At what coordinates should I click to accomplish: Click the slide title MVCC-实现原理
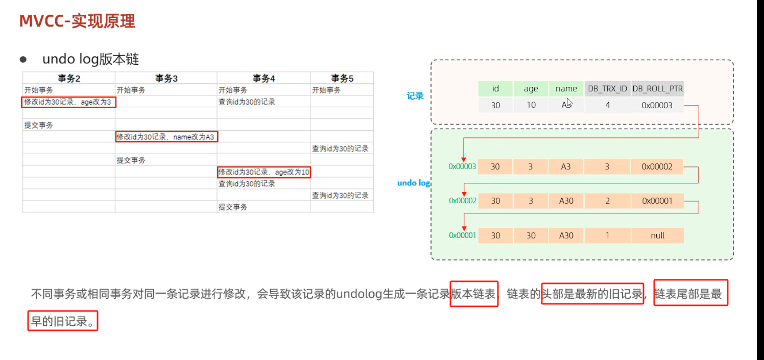point(77,21)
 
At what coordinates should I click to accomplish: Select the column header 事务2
point(68,78)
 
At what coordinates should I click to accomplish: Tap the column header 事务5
point(342,78)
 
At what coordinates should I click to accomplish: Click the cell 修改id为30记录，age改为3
point(68,102)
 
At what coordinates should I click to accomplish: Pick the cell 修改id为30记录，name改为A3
point(166,137)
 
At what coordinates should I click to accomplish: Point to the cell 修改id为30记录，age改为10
point(264,172)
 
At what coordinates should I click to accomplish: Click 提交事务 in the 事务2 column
point(38,125)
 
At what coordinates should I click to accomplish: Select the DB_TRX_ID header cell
point(607,89)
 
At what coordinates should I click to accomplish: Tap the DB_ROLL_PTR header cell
point(657,89)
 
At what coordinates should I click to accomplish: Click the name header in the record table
point(566,89)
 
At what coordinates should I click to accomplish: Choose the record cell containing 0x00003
point(657,106)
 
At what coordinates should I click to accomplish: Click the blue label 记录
point(415,96)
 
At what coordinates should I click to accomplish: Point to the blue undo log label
point(414,183)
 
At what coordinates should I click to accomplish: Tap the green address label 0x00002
point(462,201)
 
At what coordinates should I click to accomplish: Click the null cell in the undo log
point(657,235)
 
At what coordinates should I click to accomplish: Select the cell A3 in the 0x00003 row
point(566,166)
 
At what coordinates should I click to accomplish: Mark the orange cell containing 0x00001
point(657,201)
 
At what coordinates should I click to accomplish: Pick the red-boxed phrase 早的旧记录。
point(62,322)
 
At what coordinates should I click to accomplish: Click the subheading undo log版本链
point(90,59)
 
